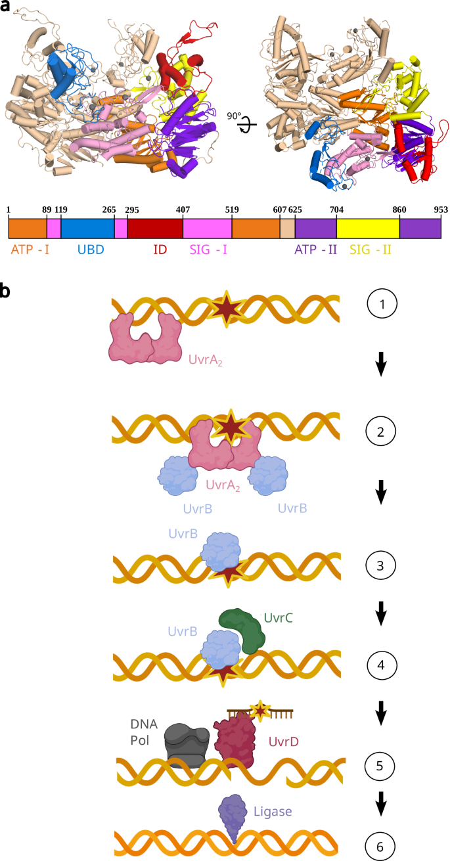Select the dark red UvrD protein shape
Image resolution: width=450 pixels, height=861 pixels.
tap(236, 742)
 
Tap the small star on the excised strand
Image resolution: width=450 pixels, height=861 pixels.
tap(261, 710)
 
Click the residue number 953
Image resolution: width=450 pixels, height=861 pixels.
tap(439, 210)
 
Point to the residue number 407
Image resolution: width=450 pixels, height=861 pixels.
tap(182, 210)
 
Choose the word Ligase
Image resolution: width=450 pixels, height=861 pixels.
tap(273, 811)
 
